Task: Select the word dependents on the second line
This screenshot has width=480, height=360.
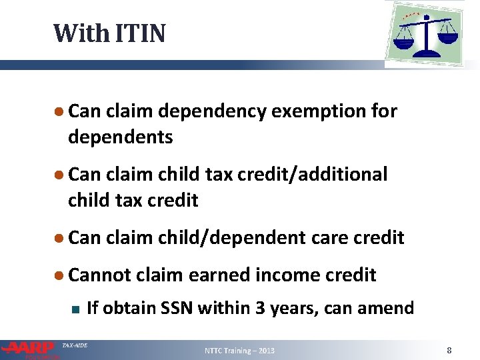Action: coord(120,137)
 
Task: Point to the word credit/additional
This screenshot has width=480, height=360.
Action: coord(306,175)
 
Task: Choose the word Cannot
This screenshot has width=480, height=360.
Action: coord(101,275)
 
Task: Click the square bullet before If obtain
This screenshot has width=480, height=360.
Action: coord(75,309)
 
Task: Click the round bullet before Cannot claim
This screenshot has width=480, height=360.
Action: coord(59,275)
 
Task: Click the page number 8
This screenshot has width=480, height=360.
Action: coord(449,350)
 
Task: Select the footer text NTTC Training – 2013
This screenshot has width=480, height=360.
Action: coord(239,351)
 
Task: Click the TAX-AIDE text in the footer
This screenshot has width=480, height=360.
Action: coord(74,345)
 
